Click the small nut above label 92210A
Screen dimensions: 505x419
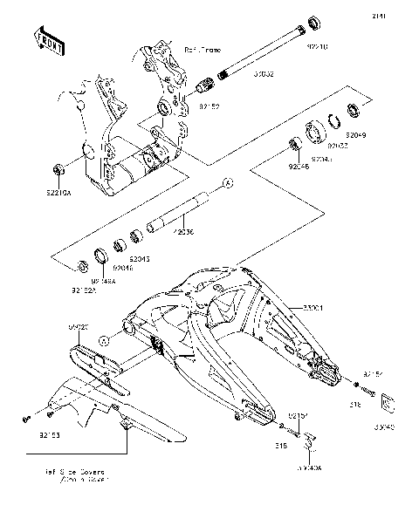pyautogui.click(x=58, y=167)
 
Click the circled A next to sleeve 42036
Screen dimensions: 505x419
pyautogui.click(x=225, y=183)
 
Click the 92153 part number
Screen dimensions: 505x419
pyautogui.click(x=50, y=430)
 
